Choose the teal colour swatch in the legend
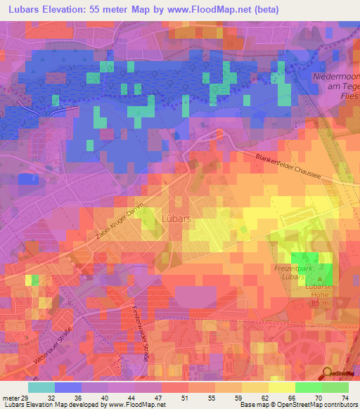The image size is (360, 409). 41,387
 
